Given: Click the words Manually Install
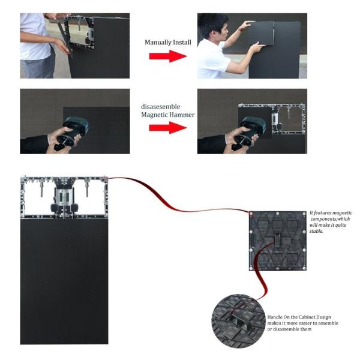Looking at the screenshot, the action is (168, 43).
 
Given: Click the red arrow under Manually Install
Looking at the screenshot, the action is (168, 56).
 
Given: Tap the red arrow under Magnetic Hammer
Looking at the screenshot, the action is (168, 128).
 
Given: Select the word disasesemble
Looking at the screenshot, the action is (160, 107).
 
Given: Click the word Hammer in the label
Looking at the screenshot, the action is (183, 115).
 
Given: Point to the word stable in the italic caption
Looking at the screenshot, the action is (316, 231).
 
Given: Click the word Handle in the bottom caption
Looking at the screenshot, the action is (275, 317).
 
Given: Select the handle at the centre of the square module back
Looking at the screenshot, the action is (277, 240).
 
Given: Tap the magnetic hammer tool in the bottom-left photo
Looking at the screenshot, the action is (71, 133).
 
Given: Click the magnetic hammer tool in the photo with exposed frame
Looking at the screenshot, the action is (248, 133).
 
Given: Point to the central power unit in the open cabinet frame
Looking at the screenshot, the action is (65, 197).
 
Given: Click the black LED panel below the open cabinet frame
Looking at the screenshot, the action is (64, 281).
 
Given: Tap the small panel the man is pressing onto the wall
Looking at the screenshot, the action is (261, 33).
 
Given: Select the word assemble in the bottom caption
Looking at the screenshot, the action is (328, 323).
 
